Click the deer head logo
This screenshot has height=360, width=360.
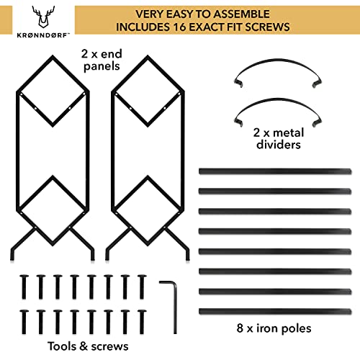(43, 17)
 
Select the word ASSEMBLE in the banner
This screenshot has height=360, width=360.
(241, 14)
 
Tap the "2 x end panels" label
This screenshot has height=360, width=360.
(102, 60)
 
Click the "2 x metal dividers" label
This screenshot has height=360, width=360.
(279, 139)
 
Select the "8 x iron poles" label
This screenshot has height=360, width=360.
(274, 328)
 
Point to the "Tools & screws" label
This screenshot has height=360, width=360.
(88, 346)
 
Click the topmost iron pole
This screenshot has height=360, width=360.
(275, 171)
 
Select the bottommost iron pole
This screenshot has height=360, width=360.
(275, 312)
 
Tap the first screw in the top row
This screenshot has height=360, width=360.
(24, 287)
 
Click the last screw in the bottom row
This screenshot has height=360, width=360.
(142, 322)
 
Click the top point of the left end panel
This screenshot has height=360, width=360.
(53, 56)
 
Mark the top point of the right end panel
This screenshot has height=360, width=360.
(148, 56)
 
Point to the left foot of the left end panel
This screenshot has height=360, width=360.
(13, 256)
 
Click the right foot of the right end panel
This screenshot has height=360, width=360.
(188, 256)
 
